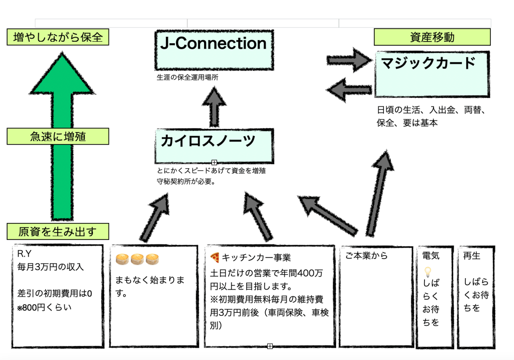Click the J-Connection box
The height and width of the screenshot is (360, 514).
tap(214, 50)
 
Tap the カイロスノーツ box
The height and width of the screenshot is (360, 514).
tap(215, 146)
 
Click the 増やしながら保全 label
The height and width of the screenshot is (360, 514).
tap(58, 38)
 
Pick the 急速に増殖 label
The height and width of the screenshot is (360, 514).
tap(58, 136)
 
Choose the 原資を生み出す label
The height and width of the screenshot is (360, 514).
tap(58, 231)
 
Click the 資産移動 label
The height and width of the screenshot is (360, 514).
tap(432, 37)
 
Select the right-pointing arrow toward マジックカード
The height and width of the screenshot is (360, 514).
tap(350, 60)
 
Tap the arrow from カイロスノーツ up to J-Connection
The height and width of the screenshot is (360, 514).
tap(215, 106)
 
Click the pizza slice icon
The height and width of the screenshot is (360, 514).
tap(215, 258)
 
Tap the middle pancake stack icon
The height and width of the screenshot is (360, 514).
tap(137, 259)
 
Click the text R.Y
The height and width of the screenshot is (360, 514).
tap(25, 253)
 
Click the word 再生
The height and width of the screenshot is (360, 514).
tap(472, 256)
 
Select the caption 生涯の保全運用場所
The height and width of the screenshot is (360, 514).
tap(187, 78)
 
